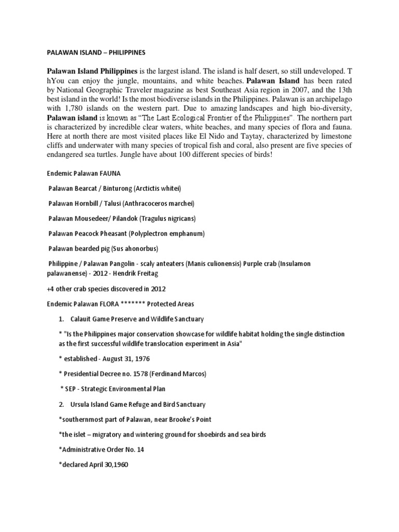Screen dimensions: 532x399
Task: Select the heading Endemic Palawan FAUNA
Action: [76, 174]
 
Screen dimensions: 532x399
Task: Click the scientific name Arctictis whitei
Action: [157, 188]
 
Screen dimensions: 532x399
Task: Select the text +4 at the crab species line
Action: [47, 289]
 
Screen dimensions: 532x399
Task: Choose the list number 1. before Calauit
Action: [63, 318]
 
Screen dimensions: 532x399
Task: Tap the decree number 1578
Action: [130, 373]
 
